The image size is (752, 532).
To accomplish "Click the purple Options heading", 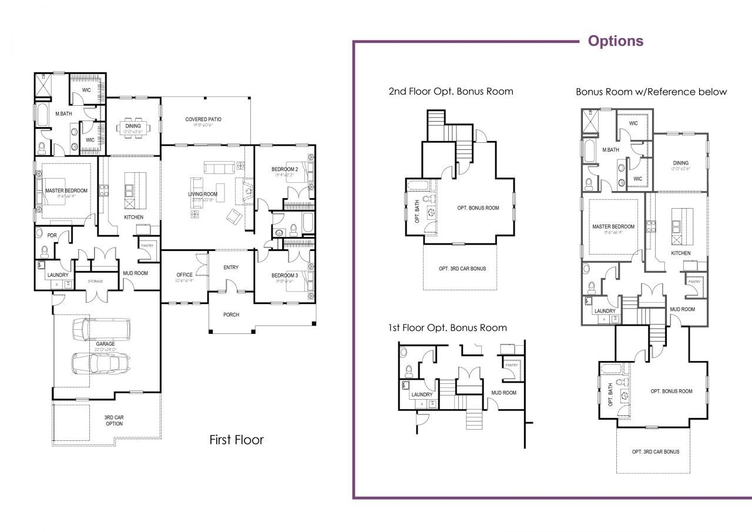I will tap(615, 41).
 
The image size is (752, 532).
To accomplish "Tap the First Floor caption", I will tap(236, 440).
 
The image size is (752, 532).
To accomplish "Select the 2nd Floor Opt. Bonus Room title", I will tap(451, 91).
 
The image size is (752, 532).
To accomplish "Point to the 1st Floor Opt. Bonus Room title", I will tap(447, 327).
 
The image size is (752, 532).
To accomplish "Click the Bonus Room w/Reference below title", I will tap(651, 92).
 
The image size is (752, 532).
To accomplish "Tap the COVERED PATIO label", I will tap(203, 119).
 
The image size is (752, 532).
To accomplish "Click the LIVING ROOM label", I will tap(203, 194).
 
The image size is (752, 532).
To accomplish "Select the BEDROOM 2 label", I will tap(285, 169).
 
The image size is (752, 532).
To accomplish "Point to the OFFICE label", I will tap(184, 275).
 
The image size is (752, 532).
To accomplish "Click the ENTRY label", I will tap(231, 267).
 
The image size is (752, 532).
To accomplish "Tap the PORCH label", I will tap(231, 314).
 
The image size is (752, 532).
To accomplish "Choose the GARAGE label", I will tap(106, 344).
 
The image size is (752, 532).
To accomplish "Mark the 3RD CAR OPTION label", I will tap(114, 420).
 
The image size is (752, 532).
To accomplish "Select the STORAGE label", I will tap(95, 282).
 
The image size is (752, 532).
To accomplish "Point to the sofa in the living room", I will tap(219, 169).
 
